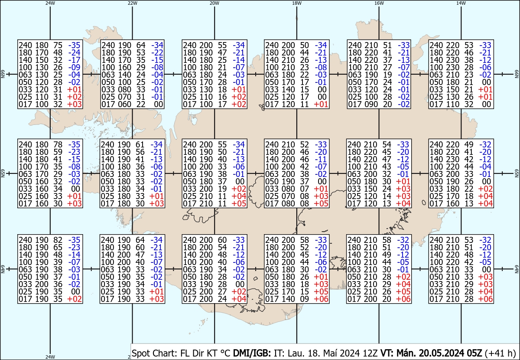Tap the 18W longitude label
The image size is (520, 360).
(x=296, y=3)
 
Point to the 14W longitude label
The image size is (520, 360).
(x=461, y=3)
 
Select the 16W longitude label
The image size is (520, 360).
(x=379, y=3)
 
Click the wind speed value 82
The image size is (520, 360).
(x=57, y=240)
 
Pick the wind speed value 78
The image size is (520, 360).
(x=57, y=145)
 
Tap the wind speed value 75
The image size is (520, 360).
(x=57, y=45)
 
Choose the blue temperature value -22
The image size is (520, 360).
(x=157, y=52)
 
